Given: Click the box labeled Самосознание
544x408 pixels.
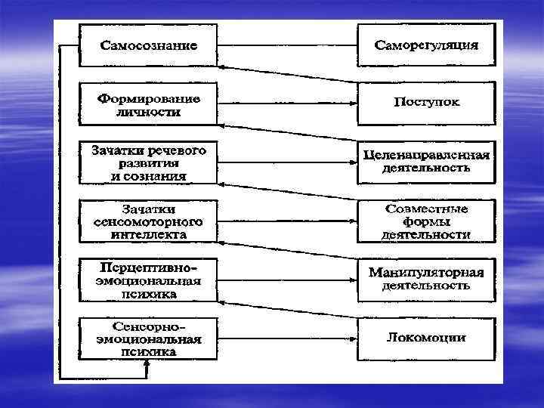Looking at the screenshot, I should click(x=149, y=45).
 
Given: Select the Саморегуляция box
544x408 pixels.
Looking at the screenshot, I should click(x=426, y=45).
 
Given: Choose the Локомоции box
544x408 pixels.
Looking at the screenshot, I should click(x=426, y=337).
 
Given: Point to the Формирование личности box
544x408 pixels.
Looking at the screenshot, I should click(x=149, y=105).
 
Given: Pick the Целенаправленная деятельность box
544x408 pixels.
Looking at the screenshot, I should click(x=426, y=162).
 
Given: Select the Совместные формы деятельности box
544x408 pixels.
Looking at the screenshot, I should click(x=426, y=221).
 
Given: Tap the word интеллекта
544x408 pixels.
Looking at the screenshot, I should click(x=149, y=234).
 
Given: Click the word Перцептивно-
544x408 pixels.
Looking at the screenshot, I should click(x=149, y=268).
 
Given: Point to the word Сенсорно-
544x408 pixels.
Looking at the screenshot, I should click(x=149, y=326).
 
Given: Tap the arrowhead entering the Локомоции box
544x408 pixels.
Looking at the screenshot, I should click(x=354, y=338).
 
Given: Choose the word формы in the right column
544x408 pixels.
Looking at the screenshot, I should click(x=426, y=221).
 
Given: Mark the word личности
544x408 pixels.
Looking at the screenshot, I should click(x=149, y=112).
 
